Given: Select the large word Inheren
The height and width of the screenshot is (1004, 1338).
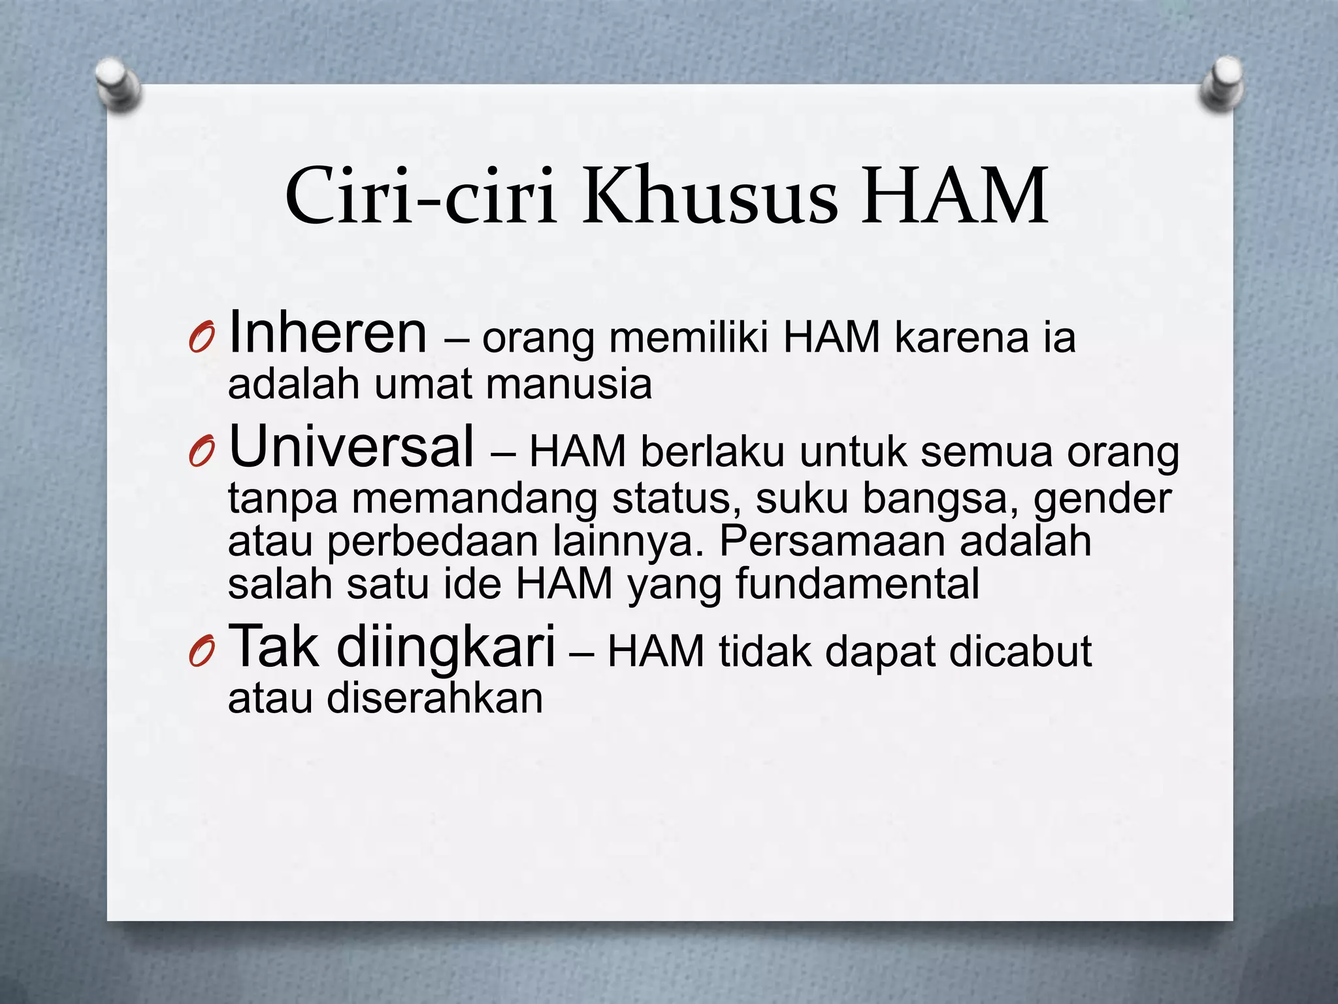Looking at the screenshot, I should click(328, 333).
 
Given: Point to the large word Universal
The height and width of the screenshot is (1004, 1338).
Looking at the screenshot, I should click(351, 446).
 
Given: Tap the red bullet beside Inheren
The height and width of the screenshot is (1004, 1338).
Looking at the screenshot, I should click(201, 339).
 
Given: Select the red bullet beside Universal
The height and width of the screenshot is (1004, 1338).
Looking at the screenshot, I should click(201, 452).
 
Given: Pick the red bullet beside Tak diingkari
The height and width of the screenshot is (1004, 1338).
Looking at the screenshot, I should click(201, 653).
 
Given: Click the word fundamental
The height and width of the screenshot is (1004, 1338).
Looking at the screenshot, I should click(857, 584).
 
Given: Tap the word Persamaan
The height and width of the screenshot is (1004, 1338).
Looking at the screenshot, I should click(832, 541).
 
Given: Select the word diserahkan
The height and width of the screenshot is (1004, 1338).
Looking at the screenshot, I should click(435, 699).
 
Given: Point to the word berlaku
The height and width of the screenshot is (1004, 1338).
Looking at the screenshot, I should click(712, 452).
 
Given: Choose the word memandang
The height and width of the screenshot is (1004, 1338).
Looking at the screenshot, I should click(475, 499).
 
